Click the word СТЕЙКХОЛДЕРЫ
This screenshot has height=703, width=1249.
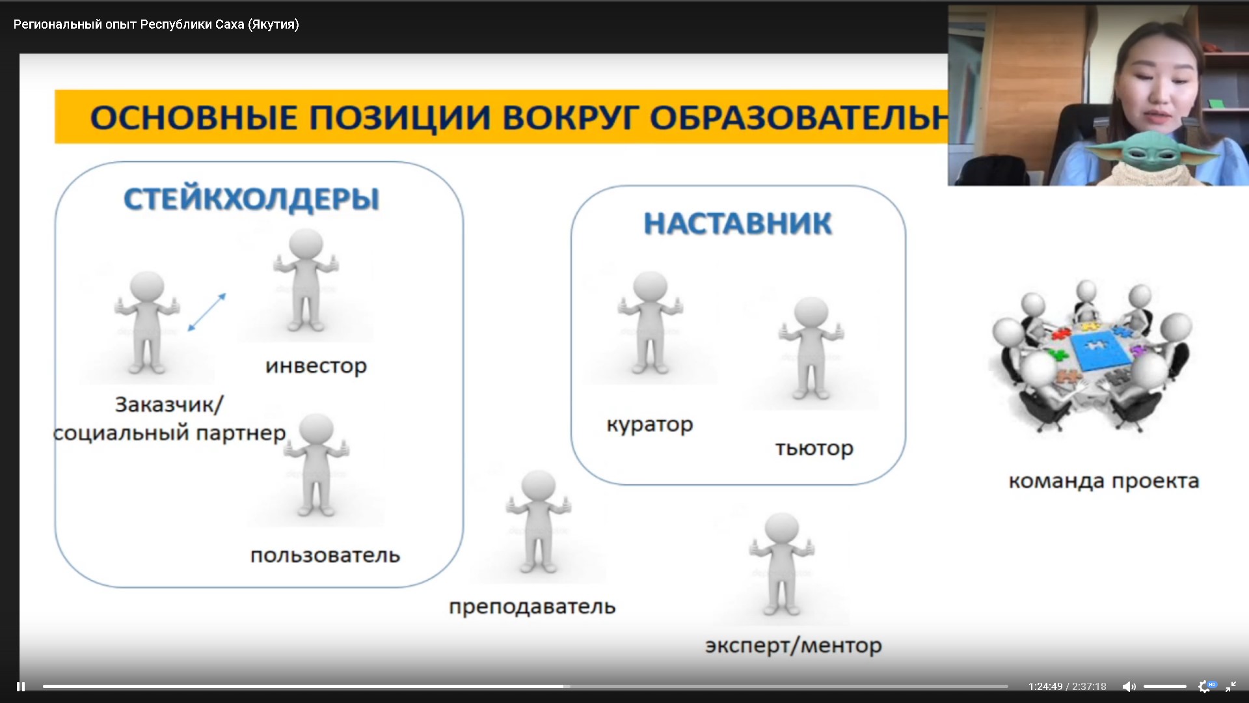[x=251, y=199]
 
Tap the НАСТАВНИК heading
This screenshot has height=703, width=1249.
[x=738, y=223]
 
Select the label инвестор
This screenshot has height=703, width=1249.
[x=316, y=366]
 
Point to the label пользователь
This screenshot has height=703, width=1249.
[x=325, y=555]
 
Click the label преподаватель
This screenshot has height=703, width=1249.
[x=532, y=607]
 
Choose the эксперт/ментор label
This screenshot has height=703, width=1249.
[x=794, y=645]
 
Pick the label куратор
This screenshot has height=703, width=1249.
[x=650, y=424]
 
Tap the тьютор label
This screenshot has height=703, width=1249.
[x=814, y=448]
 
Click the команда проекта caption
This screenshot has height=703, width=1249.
[x=1104, y=481]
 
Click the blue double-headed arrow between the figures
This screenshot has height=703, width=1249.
[x=207, y=312]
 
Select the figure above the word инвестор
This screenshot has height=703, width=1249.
[x=306, y=280]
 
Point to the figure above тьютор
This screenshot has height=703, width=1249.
[x=811, y=348]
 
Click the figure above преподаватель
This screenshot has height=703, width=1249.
[x=539, y=522]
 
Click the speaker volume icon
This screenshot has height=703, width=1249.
[x=1129, y=687]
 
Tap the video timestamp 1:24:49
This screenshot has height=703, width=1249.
[x=1045, y=687]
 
